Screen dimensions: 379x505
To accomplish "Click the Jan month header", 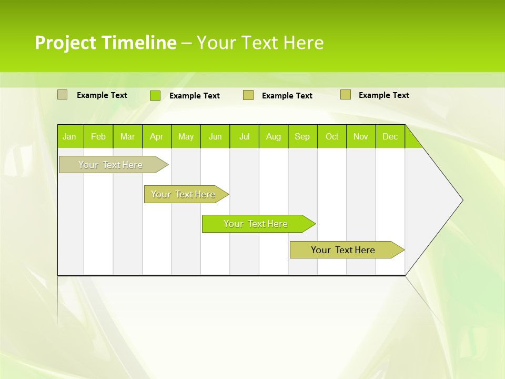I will pyautogui.click(x=69, y=136).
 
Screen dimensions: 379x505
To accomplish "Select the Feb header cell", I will pyautogui.click(x=98, y=136).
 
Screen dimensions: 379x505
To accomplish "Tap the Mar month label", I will pyautogui.click(x=127, y=136).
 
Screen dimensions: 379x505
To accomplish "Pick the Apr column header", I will pyautogui.click(x=157, y=136).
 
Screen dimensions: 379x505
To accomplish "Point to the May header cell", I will pyautogui.click(x=186, y=136).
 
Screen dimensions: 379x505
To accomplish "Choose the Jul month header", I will pyautogui.click(x=244, y=136).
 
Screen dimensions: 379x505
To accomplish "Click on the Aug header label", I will pyautogui.click(x=274, y=136).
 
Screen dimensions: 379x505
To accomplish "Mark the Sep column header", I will pyautogui.click(x=302, y=136).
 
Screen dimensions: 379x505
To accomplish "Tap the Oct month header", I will pyautogui.click(x=332, y=136).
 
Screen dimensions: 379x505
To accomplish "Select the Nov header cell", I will pyautogui.click(x=361, y=136).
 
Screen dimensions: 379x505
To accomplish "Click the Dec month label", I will pyautogui.click(x=390, y=136).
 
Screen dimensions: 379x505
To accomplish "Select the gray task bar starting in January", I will pyautogui.click(x=110, y=165).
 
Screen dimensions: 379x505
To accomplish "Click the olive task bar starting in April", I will pyautogui.click(x=183, y=194).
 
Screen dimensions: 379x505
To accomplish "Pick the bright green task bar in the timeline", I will pyautogui.click(x=256, y=224).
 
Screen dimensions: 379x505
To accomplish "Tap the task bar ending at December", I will pyautogui.click(x=343, y=250).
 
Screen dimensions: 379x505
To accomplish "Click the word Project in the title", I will pyautogui.click(x=65, y=43).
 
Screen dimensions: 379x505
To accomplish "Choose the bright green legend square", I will pyautogui.click(x=155, y=95).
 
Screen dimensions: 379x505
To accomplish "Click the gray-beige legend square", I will pyautogui.click(x=63, y=95).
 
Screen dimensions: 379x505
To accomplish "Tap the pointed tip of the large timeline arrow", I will pyautogui.click(x=461, y=200).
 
